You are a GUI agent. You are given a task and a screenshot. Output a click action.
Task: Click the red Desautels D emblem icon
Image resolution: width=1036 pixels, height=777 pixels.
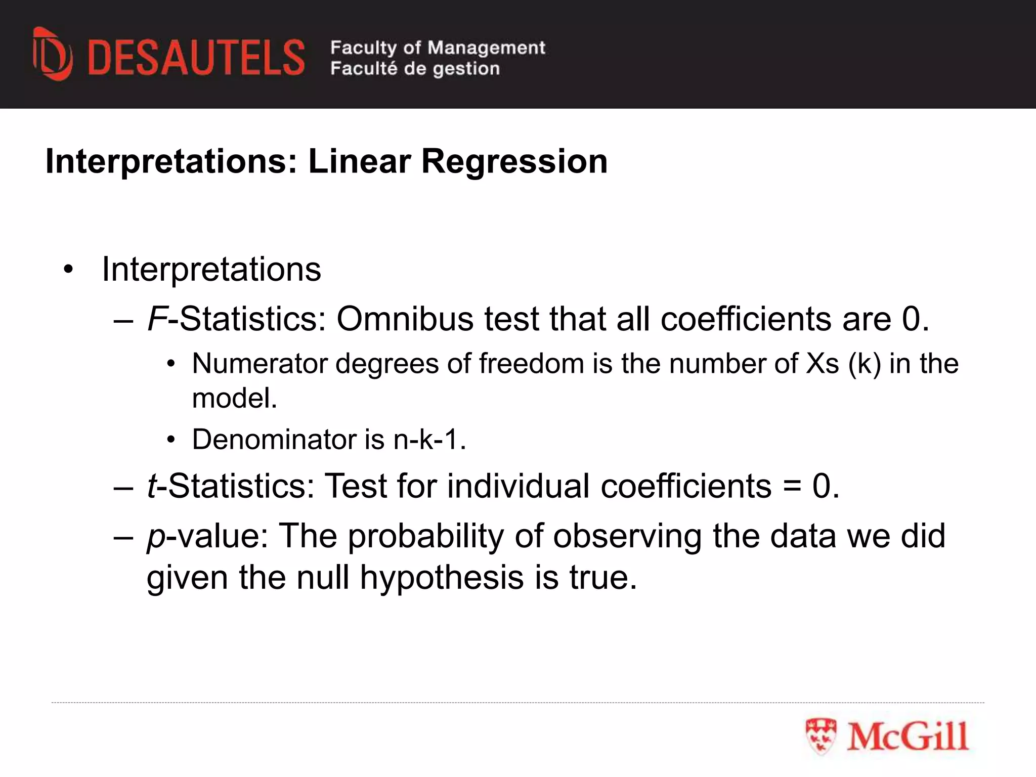click(x=52, y=54)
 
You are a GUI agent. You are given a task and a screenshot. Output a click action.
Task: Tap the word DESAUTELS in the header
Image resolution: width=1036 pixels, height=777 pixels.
click(x=196, y=58)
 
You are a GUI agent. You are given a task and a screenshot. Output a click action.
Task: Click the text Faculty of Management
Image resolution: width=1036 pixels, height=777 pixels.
click(x=438, y=48)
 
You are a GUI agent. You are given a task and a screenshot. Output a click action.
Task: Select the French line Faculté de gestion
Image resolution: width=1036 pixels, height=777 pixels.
click(x=415, y=68)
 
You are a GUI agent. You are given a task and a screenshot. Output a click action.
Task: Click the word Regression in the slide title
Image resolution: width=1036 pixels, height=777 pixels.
click(x=514, y=162)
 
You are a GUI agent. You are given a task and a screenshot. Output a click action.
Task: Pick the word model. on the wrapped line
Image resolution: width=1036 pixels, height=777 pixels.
click(x=235, y=398)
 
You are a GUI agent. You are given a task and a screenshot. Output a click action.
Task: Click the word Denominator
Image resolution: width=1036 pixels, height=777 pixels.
click(x=274, y=439)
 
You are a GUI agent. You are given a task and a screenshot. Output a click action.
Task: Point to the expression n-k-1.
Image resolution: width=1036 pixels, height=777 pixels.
click(x=429, y=439)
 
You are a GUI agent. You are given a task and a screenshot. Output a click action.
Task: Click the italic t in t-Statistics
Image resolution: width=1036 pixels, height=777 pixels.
click(x=151, y=486)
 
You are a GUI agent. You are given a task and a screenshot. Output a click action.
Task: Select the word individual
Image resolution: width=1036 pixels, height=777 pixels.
click(x=519, y=486)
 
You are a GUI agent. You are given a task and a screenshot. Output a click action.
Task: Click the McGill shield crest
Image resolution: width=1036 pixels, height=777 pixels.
click(x=821, y=737)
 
